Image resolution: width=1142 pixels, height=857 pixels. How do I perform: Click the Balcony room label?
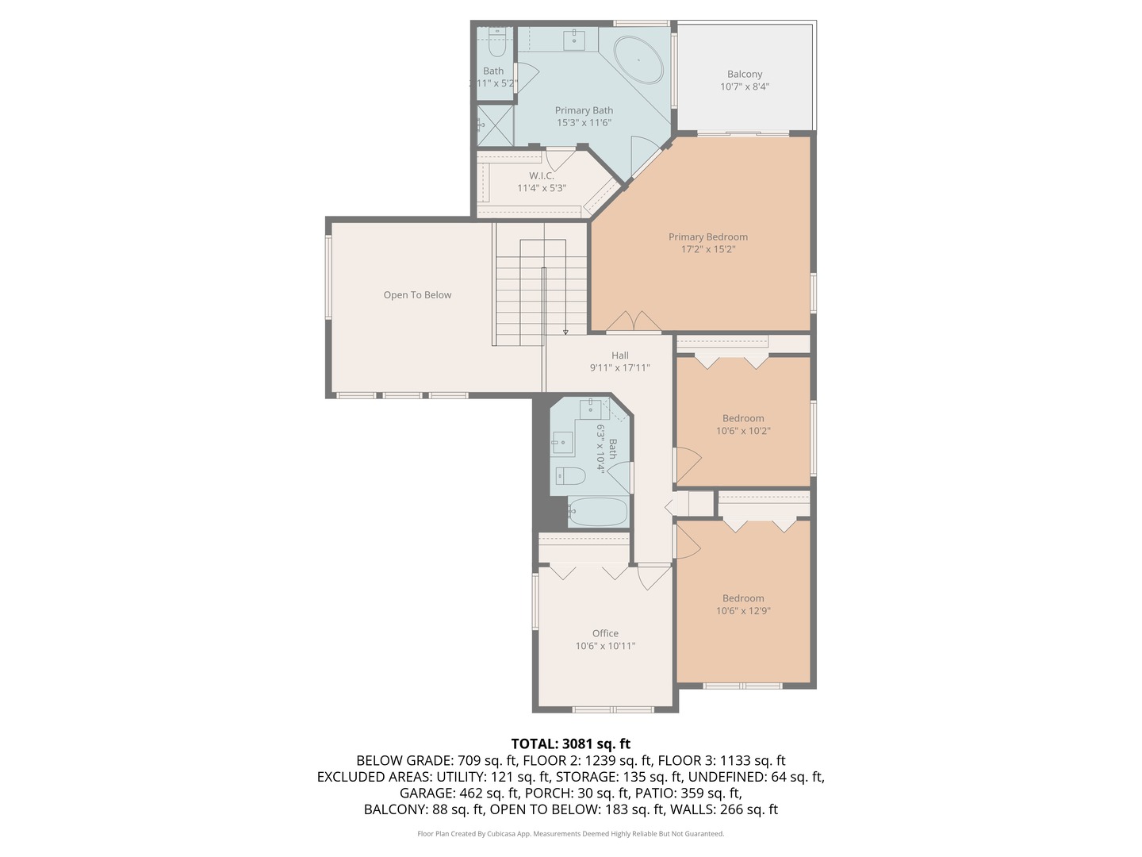[745, 74]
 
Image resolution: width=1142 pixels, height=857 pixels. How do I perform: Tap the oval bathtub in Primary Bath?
[639, 60]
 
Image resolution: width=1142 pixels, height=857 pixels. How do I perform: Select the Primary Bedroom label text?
[708, 236]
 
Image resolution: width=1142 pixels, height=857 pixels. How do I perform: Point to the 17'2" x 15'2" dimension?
[708, 249]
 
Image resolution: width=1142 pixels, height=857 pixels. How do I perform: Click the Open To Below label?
[417, 295]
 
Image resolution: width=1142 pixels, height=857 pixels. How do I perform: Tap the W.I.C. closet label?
[542, 176]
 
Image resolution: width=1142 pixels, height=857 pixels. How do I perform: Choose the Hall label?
[619, 355]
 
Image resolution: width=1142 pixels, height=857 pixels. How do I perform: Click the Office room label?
[605, 633]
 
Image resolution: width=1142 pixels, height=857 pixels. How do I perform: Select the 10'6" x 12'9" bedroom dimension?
[743, 611]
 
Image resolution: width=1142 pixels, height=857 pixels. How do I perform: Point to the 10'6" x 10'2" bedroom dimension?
[743, 431]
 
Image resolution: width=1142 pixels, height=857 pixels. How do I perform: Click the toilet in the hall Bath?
[571, 475]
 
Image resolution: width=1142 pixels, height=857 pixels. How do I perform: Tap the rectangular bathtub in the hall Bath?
[598, 512]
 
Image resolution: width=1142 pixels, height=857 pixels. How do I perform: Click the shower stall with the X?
[496, 125]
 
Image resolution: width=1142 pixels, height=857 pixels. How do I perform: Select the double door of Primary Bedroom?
[634, 321]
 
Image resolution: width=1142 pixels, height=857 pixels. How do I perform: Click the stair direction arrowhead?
[565, 332]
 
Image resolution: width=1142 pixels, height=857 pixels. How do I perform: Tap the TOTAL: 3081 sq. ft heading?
[571, 744]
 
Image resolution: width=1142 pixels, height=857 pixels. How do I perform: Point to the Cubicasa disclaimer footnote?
[571, 833]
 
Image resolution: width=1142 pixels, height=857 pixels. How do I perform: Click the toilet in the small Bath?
[498, 48]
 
